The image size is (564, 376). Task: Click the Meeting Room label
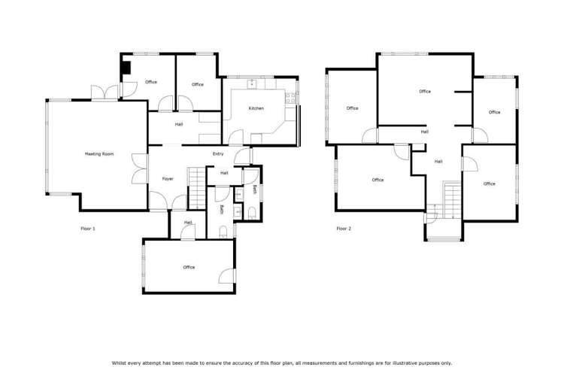click(x=99, y=154)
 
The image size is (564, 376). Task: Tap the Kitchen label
click(x=256, y=108)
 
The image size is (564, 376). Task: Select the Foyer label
click(x=168, y=179)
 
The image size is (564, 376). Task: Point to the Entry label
click(x=218, y=154)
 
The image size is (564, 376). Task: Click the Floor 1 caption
click(x=88, y=229)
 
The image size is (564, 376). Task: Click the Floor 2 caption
click(x=344, y=229)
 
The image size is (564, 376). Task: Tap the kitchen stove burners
click(x=290, y=99)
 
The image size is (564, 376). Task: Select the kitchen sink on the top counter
click(x=252, y=84)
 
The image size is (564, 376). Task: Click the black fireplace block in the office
click(x=126, y=68)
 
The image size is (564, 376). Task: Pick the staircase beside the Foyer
click(x=197, y=188)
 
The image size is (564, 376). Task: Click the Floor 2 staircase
click(x=452, y=200)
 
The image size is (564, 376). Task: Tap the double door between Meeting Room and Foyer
click(x=140, y=168)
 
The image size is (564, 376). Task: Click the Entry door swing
click(x=242, y=156)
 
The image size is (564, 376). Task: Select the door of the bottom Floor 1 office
click(x=227, y=276)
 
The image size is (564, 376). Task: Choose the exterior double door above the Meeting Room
click(x=105, y=92)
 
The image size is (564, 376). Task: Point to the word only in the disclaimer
click(x=447, y=363)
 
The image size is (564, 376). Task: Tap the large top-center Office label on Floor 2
click(x=425, y=92)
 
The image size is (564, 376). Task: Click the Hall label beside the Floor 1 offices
click(x=179, y=125)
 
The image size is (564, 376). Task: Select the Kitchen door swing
click(x=236, y=138)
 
